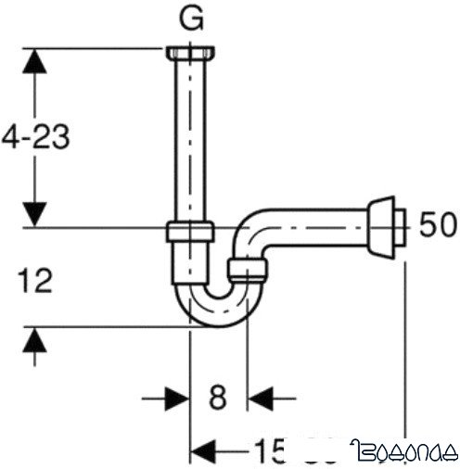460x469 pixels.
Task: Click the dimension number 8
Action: tap(217, 398)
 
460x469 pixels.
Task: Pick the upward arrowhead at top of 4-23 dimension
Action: tap(33, 63)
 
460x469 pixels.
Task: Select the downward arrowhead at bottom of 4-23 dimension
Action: tap(33, 210)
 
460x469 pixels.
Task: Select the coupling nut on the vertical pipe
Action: tap(190, 231)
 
